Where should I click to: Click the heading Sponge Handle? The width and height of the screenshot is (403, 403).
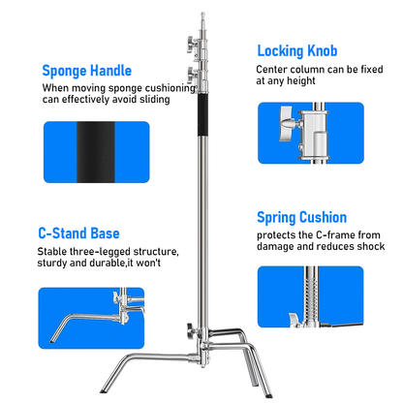[x=101, y=71]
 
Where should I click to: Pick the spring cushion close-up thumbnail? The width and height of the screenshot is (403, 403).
[x=310, y=298]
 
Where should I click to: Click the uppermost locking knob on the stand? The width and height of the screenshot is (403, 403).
[x=184, y=42]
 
